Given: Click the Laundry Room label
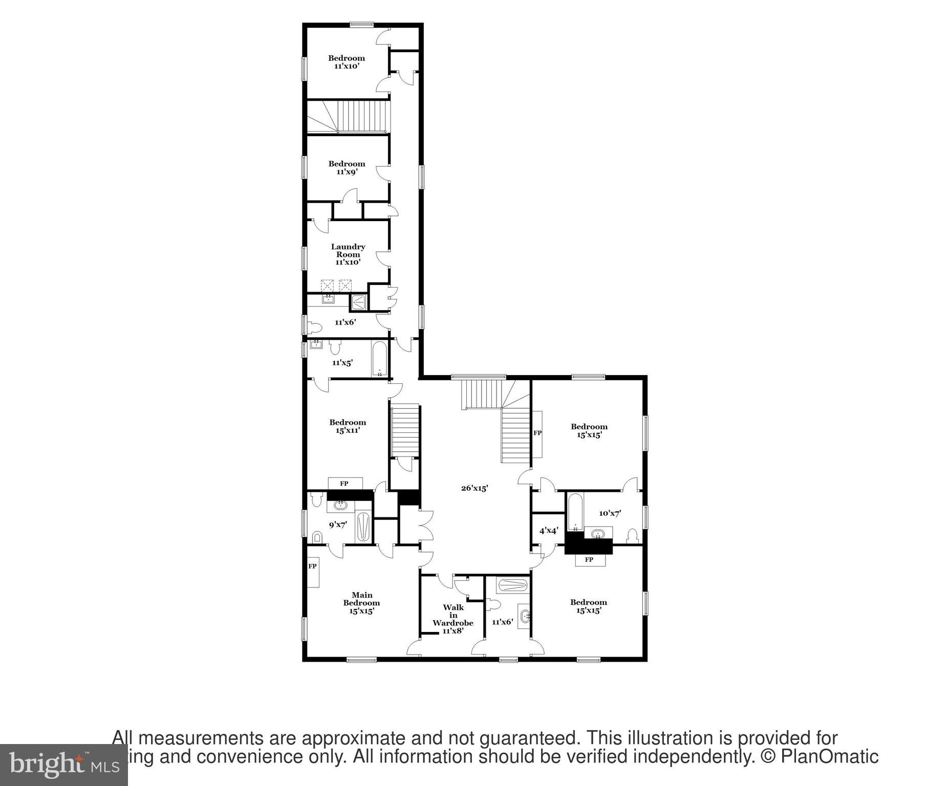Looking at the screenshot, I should (x=348, y=254).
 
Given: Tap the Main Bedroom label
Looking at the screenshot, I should (x=361, y=603).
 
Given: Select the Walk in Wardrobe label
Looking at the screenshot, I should (x=453, y=619).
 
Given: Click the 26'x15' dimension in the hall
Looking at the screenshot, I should (x=474, y=488).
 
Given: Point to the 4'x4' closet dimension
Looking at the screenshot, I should (x=548, y=531).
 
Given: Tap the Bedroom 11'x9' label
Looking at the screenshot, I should (x=347, y=168).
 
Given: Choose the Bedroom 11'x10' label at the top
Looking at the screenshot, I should (x=347, y=62).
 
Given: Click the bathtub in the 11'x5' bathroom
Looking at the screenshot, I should (x=379, y=359).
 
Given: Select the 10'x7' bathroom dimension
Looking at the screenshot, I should (x=610, y=513).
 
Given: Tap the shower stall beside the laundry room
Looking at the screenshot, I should (x=359, y=302).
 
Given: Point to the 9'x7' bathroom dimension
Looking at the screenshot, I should (x=338, y=525).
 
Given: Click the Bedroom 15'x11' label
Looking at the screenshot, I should (x=348, y=426).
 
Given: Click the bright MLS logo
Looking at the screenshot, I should (x=63, y=765).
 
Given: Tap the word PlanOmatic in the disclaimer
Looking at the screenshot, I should (x=830, y=757).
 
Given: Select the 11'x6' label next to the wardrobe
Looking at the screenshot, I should (x=502, y=622).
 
